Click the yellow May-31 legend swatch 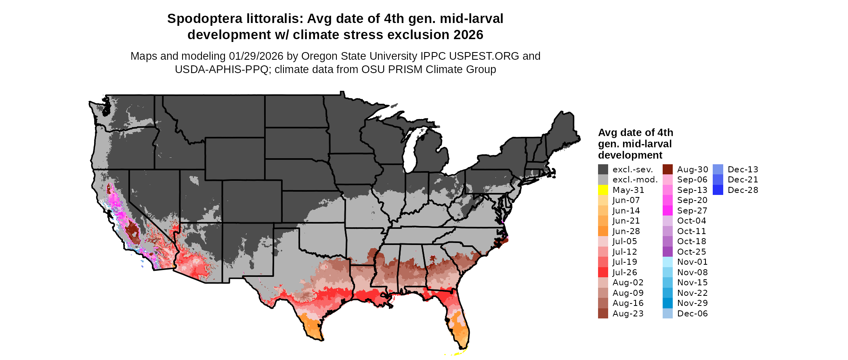click(603, 190)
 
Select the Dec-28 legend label click(743, 190)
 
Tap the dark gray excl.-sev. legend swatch click(603, 170)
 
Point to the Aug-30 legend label click(692, 170)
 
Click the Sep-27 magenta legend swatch click(667, 211)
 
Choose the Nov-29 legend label click(692, 303)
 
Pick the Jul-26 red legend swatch click(603, 272)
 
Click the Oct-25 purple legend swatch click(667, 252)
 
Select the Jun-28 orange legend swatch click(603, 231)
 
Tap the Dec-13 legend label click(743, 170)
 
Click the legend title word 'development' click(630, 155)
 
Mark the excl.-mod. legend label click(635, 180)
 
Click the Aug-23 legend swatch click(603, 314)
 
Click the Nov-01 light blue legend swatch click(667, 262)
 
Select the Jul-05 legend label click(624, 241)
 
